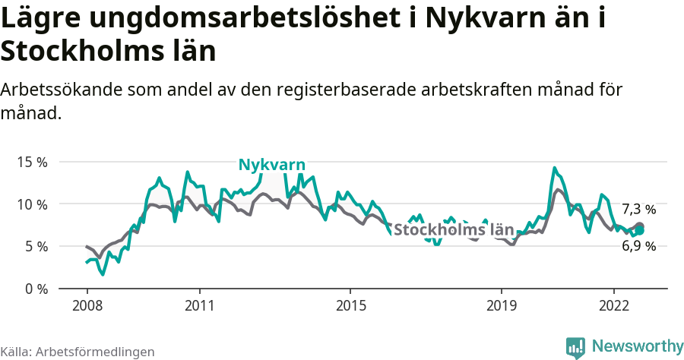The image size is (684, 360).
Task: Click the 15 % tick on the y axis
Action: pos(32,163)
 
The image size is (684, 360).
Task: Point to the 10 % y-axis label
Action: pos(32,204)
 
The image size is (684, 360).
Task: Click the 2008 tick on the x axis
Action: pos(87,305)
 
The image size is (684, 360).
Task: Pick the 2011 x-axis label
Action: pos(199,305)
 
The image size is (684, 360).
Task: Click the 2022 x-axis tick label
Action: pos(614,305)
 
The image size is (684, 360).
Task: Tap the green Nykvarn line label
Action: pos(272,165)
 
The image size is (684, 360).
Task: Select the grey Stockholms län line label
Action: pos(454,230)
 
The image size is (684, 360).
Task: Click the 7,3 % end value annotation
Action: pos(638,209)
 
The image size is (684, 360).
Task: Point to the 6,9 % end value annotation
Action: pos(638,246)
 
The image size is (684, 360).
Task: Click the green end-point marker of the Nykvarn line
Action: pos(639,230)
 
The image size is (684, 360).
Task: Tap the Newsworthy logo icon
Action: pos(575,347)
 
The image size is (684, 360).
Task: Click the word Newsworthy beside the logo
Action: pos(638,346)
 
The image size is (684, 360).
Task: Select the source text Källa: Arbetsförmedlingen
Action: pos(78,352)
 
